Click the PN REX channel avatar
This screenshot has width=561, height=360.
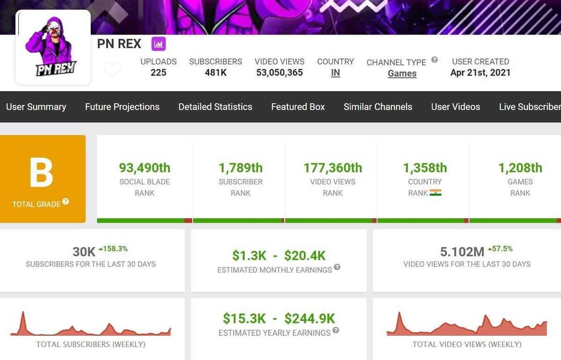pyautogui.click(x=53, y=48)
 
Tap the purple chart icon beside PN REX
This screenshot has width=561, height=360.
pyautogui.click(x=158, y=44)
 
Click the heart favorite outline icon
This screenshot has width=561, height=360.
pyautogui.click(x=112, y=70)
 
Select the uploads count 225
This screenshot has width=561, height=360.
pyautogui.click(x=158, y=72)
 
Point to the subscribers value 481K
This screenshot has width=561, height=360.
pyautogui.click(x=216, y=72)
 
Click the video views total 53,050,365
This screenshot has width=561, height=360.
pyautogui.click(x=280, y=72)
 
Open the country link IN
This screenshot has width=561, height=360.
pyautogui.click(x=335, y=73)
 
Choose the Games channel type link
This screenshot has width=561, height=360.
pyautogui.click(x=402, y=73)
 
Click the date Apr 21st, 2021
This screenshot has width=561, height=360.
pyautogui.click(x=480, y=72)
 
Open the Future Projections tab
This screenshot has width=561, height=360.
pyautogui.click(x=122, y=107)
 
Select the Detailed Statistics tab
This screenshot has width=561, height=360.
pyautogui.click(x=215, y=107)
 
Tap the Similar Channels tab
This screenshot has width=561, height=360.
pyautogui.click(x=378, y=107)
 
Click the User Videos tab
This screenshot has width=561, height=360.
pyautogui.click(x=455, y=107)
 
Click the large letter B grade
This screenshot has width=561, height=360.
pyautogui.click(x=42, y=173)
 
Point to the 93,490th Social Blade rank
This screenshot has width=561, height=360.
pyautogui.click(x=144, y=167)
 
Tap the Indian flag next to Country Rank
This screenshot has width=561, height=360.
pyautogui.click(x=436, y=193)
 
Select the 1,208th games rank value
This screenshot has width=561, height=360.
pyautogui.click(x=520, y=167)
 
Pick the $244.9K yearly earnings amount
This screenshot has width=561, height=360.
pyautogui.click(x=309, y=318)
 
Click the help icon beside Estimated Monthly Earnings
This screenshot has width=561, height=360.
pyautogui.click(x=337, y=267)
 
